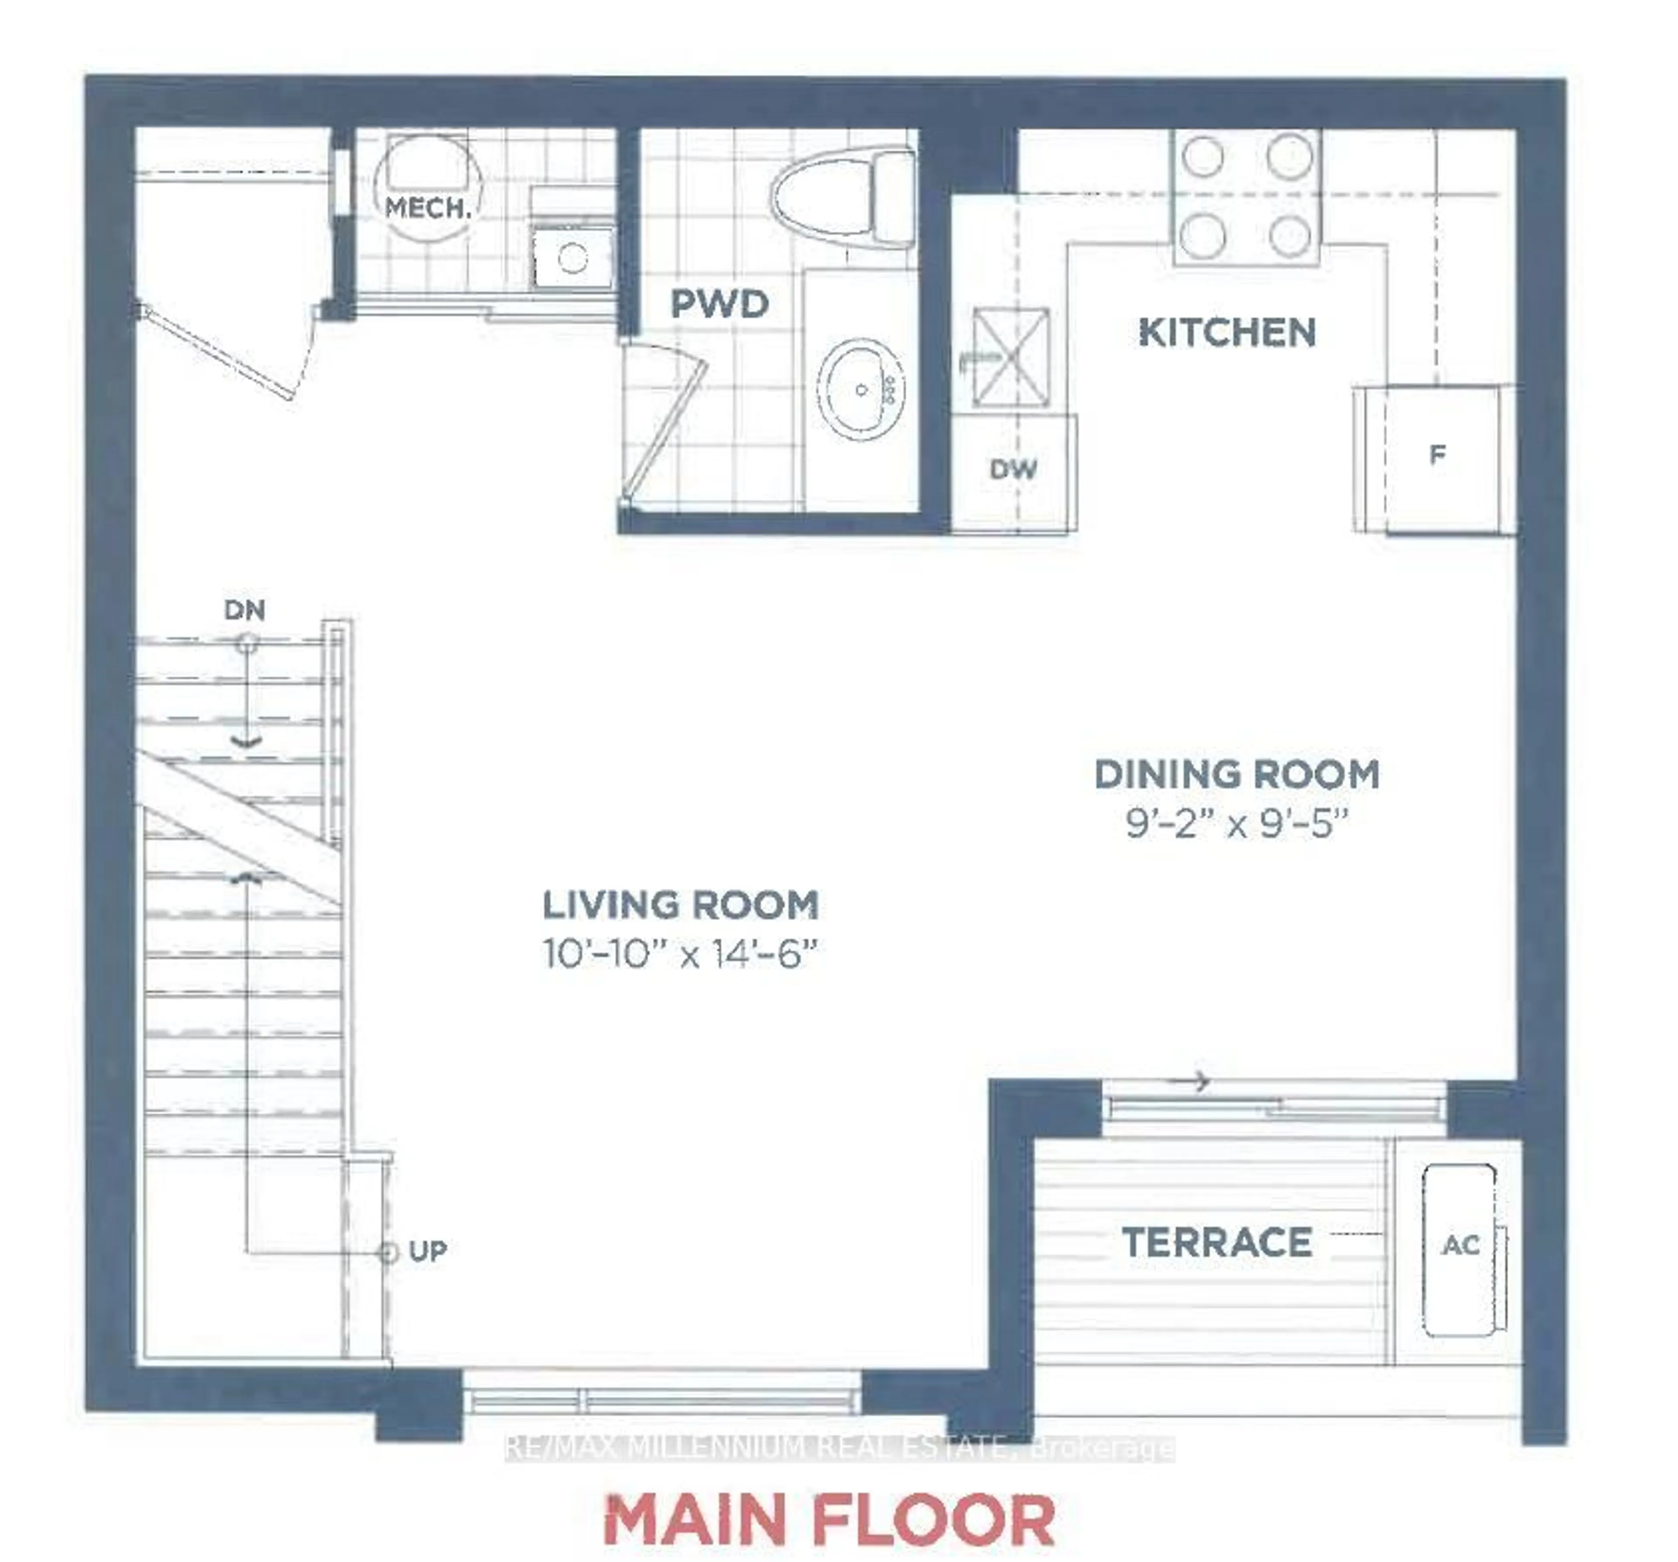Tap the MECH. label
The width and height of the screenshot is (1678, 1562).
427,207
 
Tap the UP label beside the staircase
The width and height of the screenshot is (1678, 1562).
427,1251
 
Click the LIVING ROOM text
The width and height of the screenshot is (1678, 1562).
680,905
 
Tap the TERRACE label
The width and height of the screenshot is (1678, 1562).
1216,1242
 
